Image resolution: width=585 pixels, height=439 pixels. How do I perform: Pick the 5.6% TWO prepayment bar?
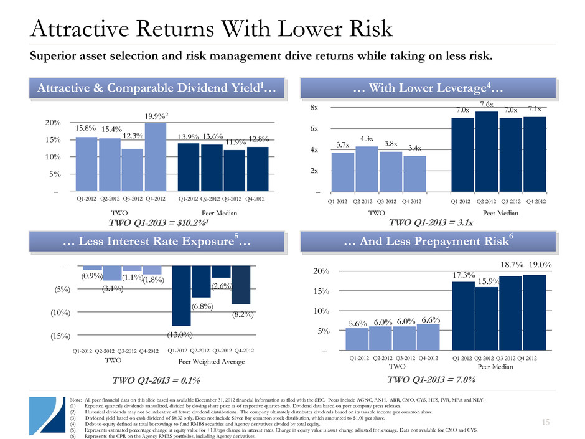(357, 339)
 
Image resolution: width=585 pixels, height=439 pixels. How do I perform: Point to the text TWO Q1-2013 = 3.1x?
(430, 222)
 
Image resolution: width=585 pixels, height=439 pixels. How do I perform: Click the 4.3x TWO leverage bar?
(367, 169)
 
